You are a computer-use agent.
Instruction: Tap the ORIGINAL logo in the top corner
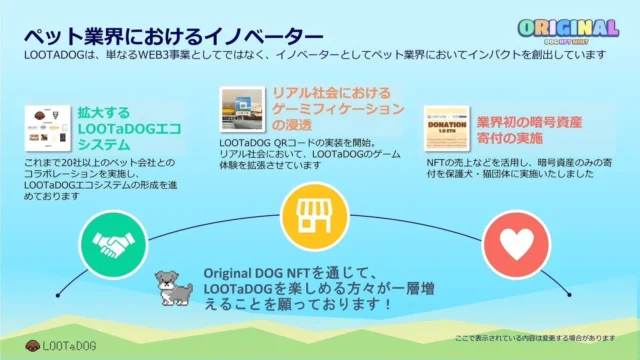567,30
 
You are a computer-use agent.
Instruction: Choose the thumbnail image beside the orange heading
242,109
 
